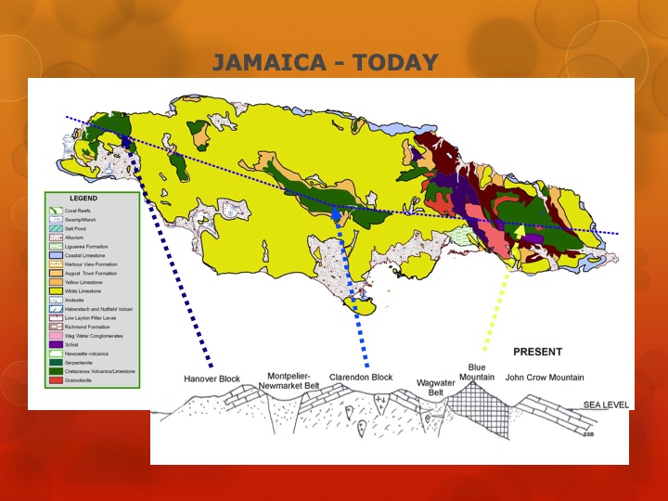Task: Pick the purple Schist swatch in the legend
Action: click(56, 344)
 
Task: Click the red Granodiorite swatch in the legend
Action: click(56, 380)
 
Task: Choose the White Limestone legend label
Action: click(83, 290)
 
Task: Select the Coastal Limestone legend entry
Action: click(84, 254)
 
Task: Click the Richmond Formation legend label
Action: click(86, 327)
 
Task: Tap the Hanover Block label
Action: click(213, 379)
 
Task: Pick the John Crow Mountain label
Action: click(545, 378)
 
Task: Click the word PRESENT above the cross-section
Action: click(537, 352)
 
